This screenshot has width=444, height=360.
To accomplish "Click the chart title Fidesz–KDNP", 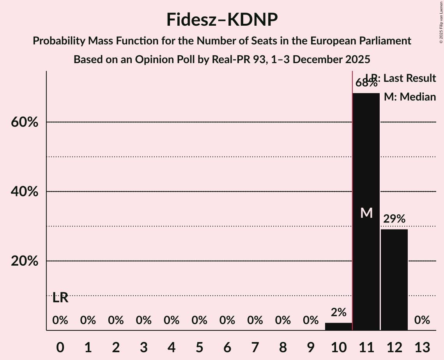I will [x=222, y=19].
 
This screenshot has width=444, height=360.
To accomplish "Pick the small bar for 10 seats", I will [x=338, y=326].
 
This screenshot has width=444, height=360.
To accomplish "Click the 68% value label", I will [x=366, y=83].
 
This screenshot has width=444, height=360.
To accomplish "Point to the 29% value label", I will [x=394, y=219].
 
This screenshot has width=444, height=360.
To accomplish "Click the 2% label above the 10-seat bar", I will [x=338, y=312].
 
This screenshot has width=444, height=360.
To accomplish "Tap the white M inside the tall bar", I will [x=366, y=213].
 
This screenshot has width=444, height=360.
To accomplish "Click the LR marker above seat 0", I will [x=60, y=298].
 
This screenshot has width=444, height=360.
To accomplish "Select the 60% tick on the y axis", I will [x=24, y=122].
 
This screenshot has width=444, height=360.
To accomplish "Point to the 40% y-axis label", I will [x=24, y=192].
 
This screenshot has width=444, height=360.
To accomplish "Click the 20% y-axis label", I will [x=24, y=261].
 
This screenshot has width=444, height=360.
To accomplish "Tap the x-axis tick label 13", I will [x=422, y=347].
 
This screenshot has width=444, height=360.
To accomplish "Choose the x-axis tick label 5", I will [x=199, y=347].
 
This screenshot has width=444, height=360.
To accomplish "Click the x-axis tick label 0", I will [x=60, y=347].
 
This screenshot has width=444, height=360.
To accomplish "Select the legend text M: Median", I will [x=410, y=97].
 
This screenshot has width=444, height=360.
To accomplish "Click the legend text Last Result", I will [x=410, y=78].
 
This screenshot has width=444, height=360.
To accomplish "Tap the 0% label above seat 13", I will [x=422, y=320].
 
